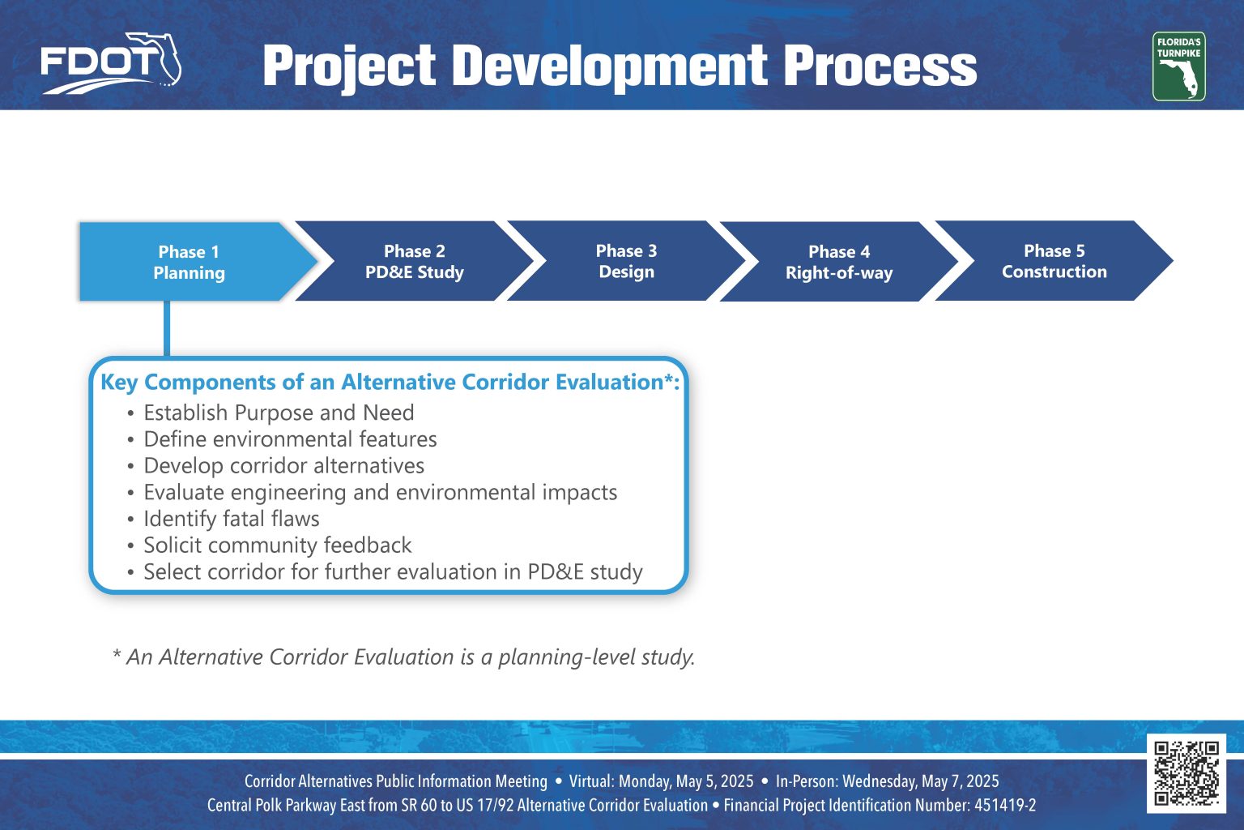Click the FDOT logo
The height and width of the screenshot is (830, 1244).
pos(111,63)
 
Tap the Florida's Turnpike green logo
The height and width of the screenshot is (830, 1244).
pos(1178,66)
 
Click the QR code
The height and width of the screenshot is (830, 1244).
pos(1186,772)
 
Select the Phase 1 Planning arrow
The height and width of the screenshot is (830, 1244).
pos(198,262)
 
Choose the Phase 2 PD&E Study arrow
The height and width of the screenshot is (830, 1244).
pos(415,261)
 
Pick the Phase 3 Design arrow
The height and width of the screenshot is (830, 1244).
pos(626,261)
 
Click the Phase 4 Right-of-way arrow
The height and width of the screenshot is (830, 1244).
pos(839,262)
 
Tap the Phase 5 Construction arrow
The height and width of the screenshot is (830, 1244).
pos(1054,261)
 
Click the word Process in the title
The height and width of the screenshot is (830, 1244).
pos(880,66)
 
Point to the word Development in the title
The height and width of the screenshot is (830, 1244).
pos(610,68)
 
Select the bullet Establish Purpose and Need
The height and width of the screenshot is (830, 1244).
pos(279,413)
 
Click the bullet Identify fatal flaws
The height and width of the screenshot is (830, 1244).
pos(232,519)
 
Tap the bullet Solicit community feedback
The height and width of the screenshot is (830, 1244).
pos(278,545)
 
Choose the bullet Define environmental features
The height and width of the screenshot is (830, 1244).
pos(291,439)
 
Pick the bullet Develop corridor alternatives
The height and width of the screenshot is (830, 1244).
pos(283,466)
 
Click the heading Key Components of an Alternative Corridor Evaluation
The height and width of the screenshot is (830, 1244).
pos(390,383)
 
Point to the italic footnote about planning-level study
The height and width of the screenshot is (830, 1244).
pos(404,657)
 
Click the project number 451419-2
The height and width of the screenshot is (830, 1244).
pos(1005,806)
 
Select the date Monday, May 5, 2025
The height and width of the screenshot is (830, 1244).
pos(686,781)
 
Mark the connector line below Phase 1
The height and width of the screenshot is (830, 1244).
pos(167,328)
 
